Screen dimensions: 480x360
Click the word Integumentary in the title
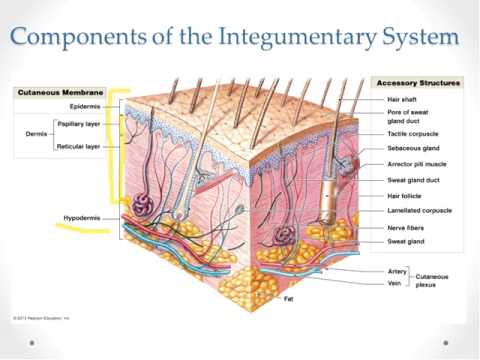284,39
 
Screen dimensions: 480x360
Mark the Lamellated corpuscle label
419,211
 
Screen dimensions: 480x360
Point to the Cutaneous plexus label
434,279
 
